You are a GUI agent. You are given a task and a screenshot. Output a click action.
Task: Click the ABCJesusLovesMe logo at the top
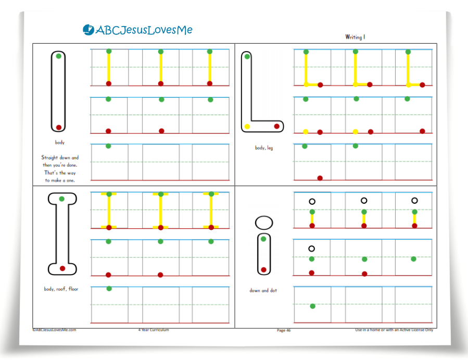(137, 30)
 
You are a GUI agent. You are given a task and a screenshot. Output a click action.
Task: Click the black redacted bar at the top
(351, 24)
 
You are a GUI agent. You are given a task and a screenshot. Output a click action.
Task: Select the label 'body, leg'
(264, 148)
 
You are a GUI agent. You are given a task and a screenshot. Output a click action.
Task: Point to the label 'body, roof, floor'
(61, 289)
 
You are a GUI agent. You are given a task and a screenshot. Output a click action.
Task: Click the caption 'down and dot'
(263, 290)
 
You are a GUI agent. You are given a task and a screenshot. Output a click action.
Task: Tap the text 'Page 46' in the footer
(284, 330)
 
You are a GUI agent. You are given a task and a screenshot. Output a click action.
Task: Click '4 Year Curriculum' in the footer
(154, 330)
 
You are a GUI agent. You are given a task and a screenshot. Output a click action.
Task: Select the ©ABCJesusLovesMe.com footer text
(54, 330)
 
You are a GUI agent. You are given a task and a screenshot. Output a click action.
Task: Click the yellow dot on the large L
(247, 127)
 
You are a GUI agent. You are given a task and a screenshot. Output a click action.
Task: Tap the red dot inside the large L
(277, 126)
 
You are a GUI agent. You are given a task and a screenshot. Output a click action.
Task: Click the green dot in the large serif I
(62, 199)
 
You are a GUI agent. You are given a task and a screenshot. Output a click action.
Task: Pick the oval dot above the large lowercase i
(264, 222)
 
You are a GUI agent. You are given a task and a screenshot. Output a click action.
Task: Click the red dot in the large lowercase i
(264, 269)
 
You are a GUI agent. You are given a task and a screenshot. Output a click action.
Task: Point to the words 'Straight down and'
(60, 157)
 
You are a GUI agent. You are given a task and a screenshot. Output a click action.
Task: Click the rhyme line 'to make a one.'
(60, 180)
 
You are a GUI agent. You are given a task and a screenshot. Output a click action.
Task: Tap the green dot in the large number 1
(59, 56)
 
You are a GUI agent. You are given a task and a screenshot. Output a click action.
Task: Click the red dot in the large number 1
(59, 127)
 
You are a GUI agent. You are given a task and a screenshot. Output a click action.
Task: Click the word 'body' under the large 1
(60, 142)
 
